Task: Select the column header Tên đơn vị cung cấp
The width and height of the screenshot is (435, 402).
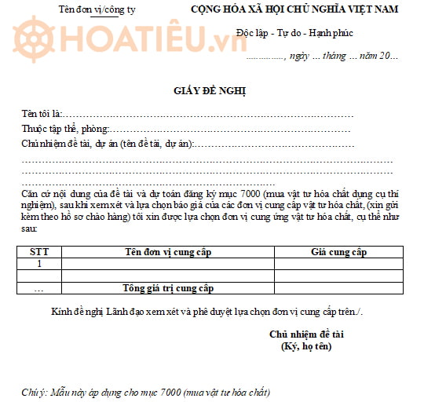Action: (x=168, y=252)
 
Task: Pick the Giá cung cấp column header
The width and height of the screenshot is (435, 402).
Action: (x=338, y=252)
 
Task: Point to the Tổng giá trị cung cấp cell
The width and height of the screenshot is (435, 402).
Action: (x=168, y=288)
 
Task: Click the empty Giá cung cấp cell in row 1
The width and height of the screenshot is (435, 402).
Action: (x=338, y=264)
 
